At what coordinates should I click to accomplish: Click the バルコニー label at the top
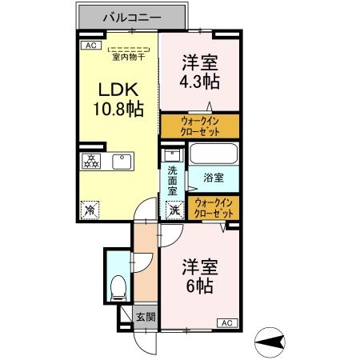coord(133,16)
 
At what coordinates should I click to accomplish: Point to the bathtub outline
coord(212,154)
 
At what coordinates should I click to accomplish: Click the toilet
coord(118,285)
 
